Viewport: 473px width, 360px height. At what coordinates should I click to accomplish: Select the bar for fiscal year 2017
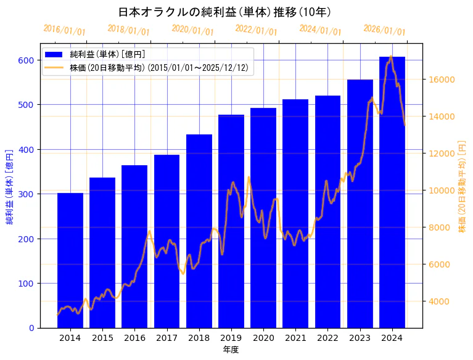tap(167, 241)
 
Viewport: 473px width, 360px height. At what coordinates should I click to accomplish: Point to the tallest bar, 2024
tap(392, 192)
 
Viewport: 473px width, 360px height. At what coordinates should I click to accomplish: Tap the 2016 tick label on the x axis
tap(134, 338)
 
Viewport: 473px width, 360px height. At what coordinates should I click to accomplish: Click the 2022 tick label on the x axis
tap(327, 338)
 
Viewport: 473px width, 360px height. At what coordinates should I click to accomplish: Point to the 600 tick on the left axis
tap(25, 60)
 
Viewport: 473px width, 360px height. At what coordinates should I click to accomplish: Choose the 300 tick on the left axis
tap(25, 194)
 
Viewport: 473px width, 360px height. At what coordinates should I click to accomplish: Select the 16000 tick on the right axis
tap(442, 80)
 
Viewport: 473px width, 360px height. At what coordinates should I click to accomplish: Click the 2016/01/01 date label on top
tap(65, 30)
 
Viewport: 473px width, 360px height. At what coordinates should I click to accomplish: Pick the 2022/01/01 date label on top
tap(257, 30)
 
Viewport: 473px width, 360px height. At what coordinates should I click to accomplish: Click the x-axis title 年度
tap(231, 350)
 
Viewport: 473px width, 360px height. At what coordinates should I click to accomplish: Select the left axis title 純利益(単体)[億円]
tap(10, 186)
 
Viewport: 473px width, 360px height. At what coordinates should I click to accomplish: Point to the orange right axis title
tap(462, 186)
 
